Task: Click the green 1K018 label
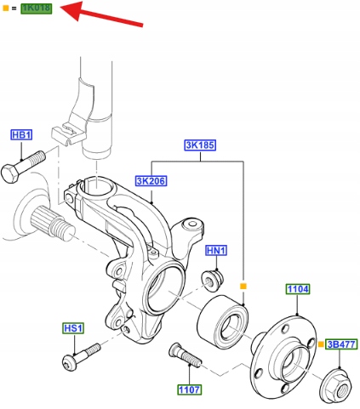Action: [x=37, y=9]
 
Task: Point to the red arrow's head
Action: [x=71, y=10]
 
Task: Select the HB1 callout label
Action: [x=21, y=135]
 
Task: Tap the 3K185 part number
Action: [x=200, y=145]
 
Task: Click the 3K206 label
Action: [x=151, y=181]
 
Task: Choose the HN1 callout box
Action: [x=216, y=251]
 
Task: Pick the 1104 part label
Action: [x=298, y=289]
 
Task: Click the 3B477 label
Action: [x=341, y=344]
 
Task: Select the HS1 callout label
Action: [x=73, y=328]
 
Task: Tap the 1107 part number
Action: [x=190, y=390]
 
